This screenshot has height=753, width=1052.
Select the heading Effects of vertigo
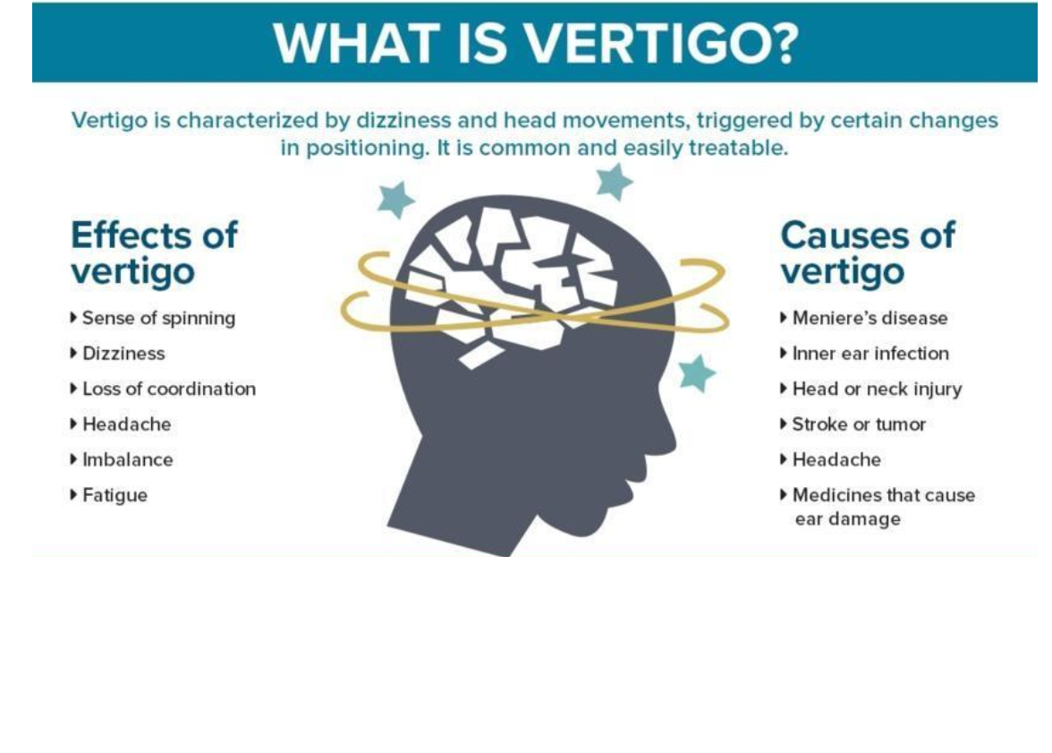tap(154, 252)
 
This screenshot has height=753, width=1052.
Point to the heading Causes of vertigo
tap(867, 252)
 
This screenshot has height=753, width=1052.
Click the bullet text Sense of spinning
tap(158, 318)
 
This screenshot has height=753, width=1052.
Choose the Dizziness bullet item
tap(123, 354)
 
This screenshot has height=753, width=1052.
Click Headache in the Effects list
tap(126, 424)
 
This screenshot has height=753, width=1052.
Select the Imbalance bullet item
tap(127, 459)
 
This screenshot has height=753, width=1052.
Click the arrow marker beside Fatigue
tap(73, 494)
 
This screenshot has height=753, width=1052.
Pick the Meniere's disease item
tap(870, 318)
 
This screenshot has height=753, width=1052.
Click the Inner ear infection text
tap(870, 354)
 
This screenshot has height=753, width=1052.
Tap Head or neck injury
tap(877, 389)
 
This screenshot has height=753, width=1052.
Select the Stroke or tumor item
tap(859, 424)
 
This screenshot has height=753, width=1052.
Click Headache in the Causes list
tap(836, 459)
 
